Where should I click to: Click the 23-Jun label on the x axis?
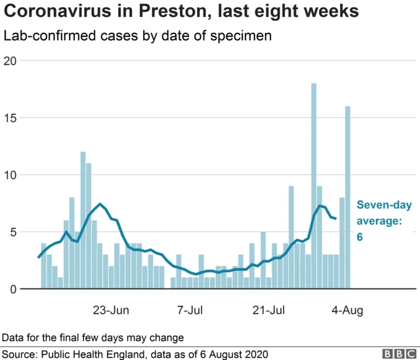111,310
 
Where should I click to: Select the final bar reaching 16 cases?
348,197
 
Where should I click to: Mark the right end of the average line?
336,218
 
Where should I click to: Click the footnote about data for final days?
93,337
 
